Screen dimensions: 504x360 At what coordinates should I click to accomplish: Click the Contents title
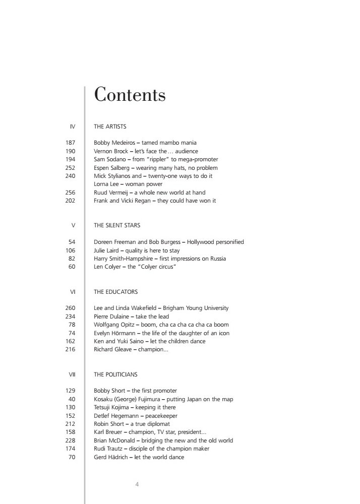(130, 94)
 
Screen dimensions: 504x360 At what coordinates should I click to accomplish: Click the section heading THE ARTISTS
(110, 127)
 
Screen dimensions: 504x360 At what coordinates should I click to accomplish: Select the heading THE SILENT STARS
(117, 225)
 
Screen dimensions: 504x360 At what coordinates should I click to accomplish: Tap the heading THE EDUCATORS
(115, 292)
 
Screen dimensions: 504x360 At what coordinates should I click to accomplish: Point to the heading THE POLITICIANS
(115, 374)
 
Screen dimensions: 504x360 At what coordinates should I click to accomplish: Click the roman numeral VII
(72, 374)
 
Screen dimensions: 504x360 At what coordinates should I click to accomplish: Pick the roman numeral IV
(72, 127)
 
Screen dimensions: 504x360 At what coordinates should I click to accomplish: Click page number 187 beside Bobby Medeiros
(70, 143)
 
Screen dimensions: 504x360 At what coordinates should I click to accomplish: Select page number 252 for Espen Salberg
(70, 168)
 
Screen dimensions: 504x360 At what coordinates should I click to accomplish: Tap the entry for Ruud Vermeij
(149, 193)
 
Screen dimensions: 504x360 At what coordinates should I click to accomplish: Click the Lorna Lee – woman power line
(128, 184)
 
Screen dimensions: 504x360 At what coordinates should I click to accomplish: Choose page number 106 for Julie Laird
(70, 250)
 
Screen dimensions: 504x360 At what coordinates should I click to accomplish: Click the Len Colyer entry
(135, 267)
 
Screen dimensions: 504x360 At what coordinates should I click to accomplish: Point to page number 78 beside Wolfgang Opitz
(72, 325)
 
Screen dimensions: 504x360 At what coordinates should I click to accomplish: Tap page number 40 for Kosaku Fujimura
(72, 399)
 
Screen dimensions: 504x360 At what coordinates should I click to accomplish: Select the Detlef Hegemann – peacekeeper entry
(136, 416)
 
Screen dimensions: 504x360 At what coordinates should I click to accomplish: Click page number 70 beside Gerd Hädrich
(72, 457)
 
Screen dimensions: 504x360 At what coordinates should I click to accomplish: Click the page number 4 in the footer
(137, 485)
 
